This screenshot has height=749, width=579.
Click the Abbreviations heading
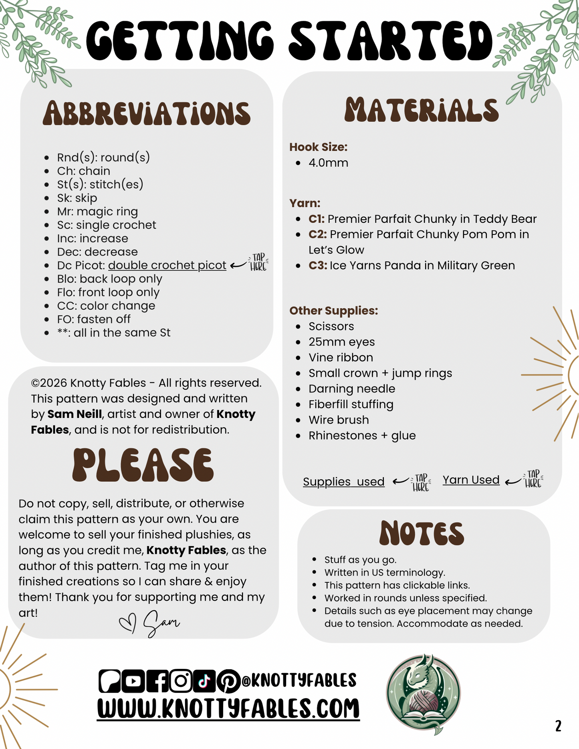[x=147, y=113]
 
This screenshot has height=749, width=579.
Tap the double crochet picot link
[x=167, y=265]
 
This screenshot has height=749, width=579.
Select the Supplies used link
[x=343, y=481]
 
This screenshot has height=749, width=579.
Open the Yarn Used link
[x=471, y=480]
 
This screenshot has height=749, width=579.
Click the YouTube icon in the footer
[x=133, y=681]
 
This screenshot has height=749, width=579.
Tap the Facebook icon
[x=157, y=681]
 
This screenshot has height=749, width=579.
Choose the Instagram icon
[x=181, y=681]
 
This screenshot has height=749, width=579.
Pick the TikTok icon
[x=204, y=681]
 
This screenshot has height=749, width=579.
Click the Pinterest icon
[x=228, y=681]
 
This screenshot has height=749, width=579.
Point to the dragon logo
[x=423, y=693]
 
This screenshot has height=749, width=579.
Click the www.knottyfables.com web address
[x=228, y=709]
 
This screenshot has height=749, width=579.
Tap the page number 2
[x=558, y=726]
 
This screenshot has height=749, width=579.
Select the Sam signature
[x=161, y=623]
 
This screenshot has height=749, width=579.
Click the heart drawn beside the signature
[x=128, y=623]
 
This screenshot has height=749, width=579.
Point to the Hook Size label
[x=318, y=147]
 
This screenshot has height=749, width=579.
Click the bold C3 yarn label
[x=318, y=265]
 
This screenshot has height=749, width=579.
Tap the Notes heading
[x=422, y=533]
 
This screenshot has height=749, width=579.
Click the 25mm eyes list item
[x=341, y=342]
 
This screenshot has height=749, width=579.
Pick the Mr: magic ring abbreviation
[x=97, y=211]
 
